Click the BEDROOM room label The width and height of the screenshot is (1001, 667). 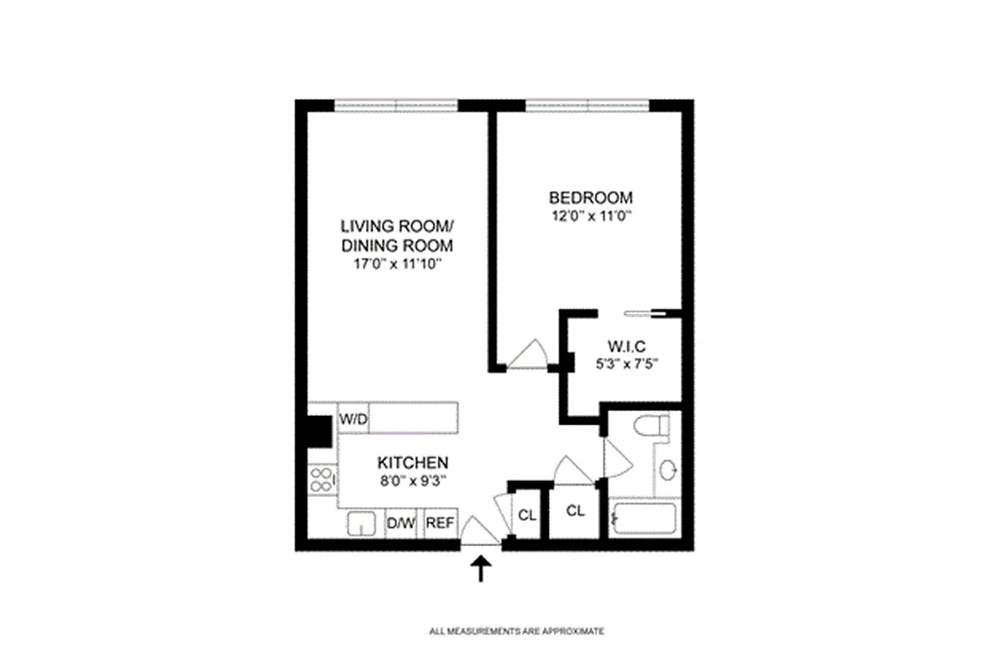tap(591, 198)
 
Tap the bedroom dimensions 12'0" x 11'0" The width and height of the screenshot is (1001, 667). tap(591, 216)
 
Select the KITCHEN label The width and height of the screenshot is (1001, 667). tap(412, 463)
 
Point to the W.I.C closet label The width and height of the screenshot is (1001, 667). tap(626, 346)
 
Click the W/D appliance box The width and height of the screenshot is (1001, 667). tap(353, 419)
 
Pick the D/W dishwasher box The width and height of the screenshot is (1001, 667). tap(401, 523)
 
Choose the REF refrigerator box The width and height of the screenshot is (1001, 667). tap(440, 523)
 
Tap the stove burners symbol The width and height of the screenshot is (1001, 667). tap(322, 479)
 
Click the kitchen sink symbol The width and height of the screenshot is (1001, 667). tap(361, 524)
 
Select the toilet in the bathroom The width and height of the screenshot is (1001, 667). tap(651, 425)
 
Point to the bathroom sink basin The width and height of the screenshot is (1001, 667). tap(667, 470)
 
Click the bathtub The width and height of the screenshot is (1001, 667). tap(644, 519)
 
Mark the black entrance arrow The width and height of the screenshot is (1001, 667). tap(480, 569)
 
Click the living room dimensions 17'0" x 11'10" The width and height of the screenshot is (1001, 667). tap(397, 264)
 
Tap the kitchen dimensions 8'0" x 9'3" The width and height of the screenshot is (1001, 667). tap(414, 481)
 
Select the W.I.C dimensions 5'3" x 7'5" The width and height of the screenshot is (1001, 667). tap(626, 364)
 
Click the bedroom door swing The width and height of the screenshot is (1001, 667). tap(527, 354)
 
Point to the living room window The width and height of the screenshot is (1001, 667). tap(396, 105)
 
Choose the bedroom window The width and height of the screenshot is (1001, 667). tap(587, 105)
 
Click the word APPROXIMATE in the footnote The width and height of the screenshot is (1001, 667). tap(573, 631)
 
